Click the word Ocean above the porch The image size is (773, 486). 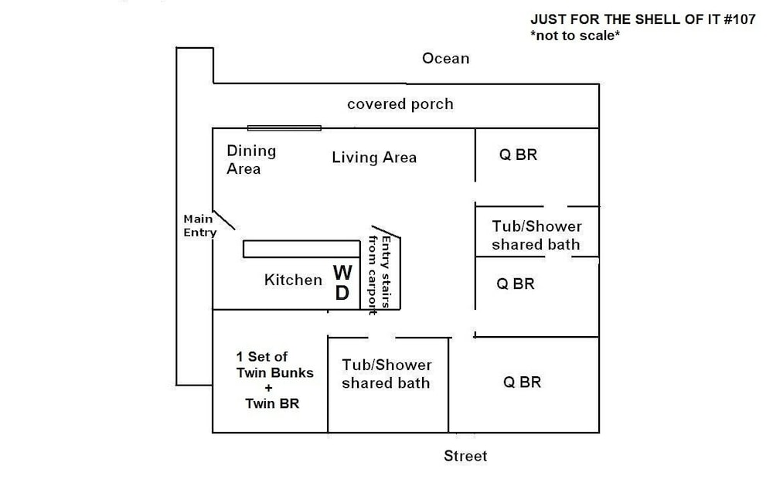(446, 58)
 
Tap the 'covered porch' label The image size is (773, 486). (400, 104)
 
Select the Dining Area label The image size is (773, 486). (251, 160)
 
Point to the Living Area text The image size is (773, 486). (374, 158)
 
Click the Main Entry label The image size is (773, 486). (200, 226)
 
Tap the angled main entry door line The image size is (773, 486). (224, 220)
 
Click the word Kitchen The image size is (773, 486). (293, 280)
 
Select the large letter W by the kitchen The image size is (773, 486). (342, 272)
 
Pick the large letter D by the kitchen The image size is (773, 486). (342, 293)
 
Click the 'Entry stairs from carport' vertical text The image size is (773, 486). (380, 274)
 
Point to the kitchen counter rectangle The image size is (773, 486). (301, 249)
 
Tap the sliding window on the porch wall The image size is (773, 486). (284, 128)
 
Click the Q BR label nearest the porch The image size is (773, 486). (518, 155)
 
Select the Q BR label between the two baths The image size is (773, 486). (516, 284)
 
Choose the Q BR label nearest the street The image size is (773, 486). (522, 382)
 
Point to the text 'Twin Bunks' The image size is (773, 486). (275, 372)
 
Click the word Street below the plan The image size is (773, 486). (465, 456)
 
